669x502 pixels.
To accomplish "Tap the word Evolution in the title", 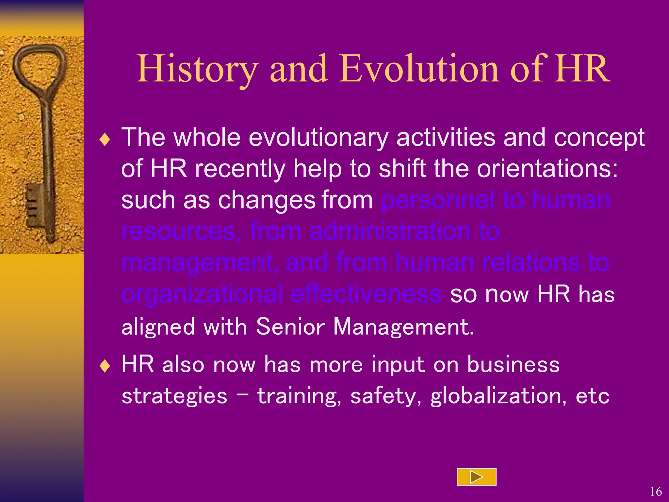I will pyautogui.click(x=419, y=69).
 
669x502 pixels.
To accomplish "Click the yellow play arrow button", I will pyautogui.click(x=476, y=477).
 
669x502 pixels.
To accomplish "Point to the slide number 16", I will pyautogui.click(x=656, y=492).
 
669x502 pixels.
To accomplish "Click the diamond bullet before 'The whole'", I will pyautogui.click(x=105, y=140).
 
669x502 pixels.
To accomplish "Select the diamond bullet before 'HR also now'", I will pyautogui.click(x=105, y=366).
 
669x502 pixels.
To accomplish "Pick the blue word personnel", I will pyautogui.click(x=438, y=200).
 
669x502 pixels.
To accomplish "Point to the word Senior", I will pyautogui.click(x=290, y=326).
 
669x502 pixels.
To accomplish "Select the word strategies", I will pyautogui.click(x=174, y=396).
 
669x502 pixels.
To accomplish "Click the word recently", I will pyautogui.click(x=240, y=169).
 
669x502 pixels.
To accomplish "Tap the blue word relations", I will pyautogui.click(x=531, y=263).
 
